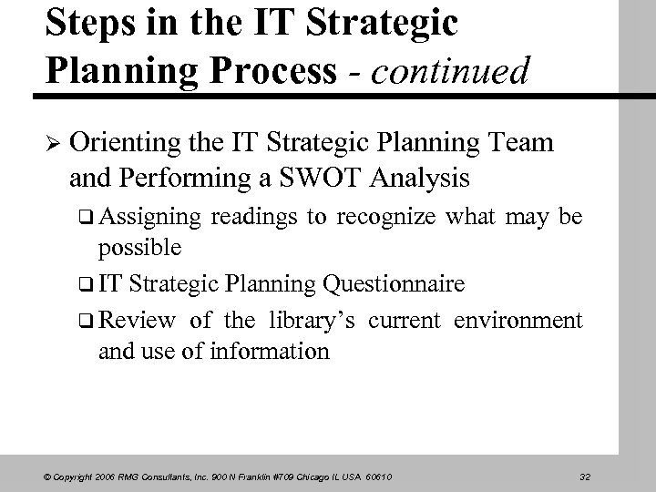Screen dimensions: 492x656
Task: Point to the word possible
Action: pos(140,248)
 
